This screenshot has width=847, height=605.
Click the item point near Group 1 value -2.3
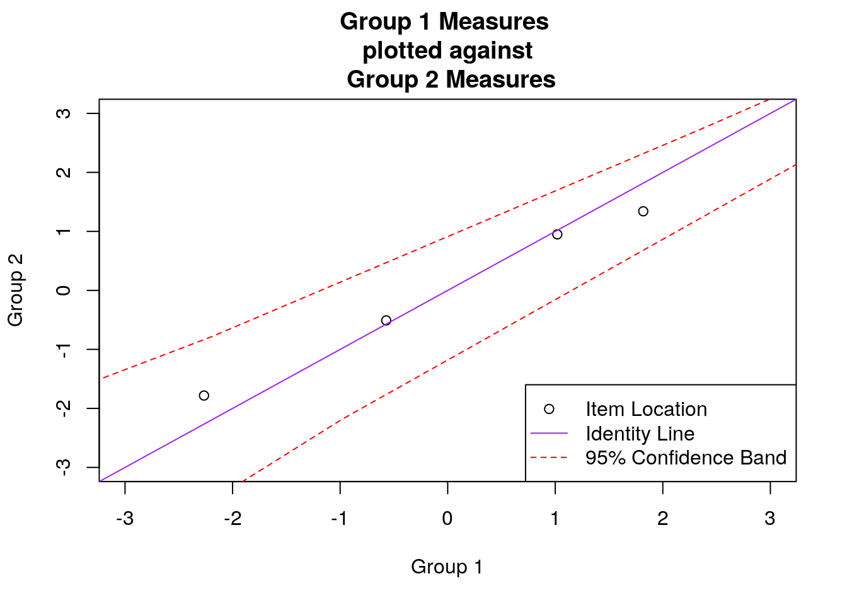coord(204,396)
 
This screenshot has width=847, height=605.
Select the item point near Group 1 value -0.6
coord(386,320)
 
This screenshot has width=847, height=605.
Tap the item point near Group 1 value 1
coord(557,234)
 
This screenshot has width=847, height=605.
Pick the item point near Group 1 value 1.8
coord(643,211)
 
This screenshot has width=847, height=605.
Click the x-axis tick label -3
coord(125,519)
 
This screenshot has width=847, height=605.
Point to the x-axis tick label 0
coord(447,519)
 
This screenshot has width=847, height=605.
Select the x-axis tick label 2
coord(662,519)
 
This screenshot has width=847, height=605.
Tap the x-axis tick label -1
coord(340,519)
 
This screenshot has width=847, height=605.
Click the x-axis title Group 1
coord(447,567)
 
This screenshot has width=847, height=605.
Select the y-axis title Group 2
coord(16,290)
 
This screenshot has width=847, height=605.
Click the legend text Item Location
coord(646,409)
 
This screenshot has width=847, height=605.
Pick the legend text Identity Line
coord(640,434)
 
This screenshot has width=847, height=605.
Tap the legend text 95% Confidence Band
coord(686,458)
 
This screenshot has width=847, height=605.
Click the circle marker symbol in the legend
coord(549,409)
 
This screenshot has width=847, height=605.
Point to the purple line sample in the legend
coord(549,434)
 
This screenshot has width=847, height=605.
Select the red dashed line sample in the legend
coord(549,458)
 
